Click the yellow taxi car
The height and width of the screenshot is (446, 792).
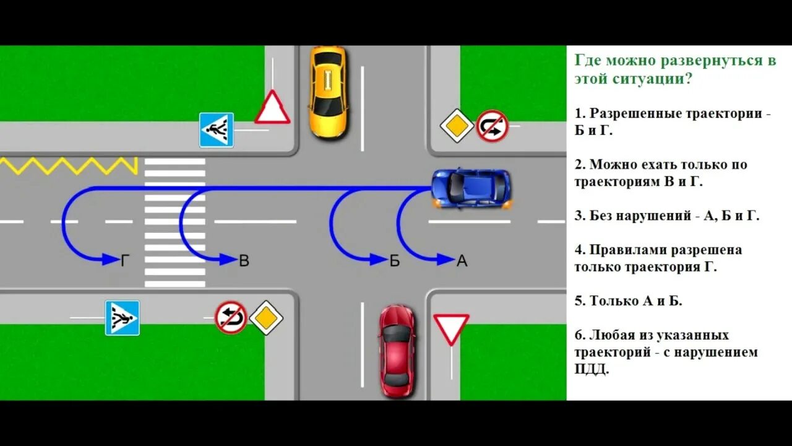327,92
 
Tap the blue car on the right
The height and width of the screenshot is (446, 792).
471,188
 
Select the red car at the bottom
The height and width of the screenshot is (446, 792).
397,351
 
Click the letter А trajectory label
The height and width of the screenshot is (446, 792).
462,261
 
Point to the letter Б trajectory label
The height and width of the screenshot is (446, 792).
395,261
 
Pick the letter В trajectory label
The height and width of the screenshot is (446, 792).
244,261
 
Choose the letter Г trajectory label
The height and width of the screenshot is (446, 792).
125,261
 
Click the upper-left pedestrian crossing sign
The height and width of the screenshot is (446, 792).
216,130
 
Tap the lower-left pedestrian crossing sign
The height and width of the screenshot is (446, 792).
122,318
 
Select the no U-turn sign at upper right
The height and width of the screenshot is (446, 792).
492,126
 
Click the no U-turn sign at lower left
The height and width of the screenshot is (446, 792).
231,317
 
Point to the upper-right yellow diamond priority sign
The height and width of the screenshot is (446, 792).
457,126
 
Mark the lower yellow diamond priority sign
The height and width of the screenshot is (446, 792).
266,318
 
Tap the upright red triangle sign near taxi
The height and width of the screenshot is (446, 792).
272,108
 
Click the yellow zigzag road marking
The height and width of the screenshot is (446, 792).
68,165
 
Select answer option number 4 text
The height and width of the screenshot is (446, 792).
658,259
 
